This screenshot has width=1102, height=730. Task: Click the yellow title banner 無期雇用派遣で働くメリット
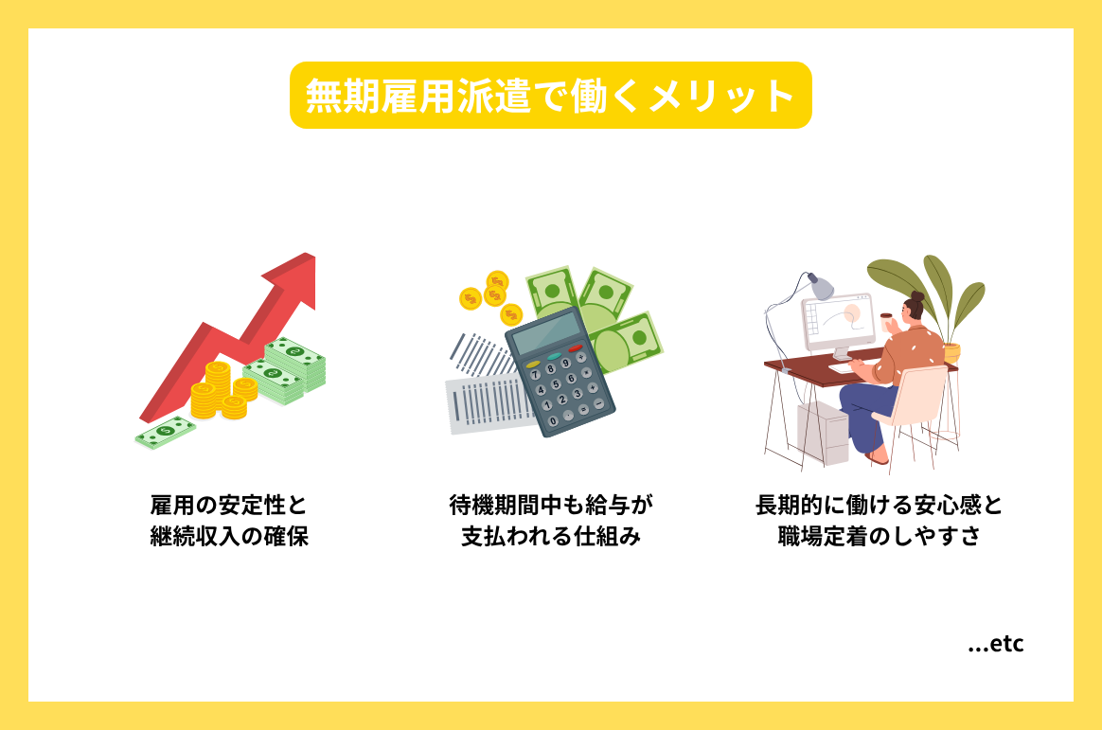click(550, 96)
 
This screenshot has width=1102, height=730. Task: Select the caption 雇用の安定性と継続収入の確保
click(229, 521)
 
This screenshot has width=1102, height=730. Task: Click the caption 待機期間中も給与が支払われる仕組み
click(551, 521)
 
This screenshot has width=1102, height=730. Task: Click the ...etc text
click(996, 645)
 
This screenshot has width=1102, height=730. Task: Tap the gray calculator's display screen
click(543, 330)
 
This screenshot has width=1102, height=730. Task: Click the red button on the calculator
click(575, 349)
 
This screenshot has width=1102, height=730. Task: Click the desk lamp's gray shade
click(819, 284)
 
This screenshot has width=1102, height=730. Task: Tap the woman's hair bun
click(917, 296)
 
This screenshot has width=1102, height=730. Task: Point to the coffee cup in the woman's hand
click(887, 321)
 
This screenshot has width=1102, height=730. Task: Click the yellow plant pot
click(951, 352)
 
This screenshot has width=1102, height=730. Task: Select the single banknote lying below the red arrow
click(165, 432)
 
